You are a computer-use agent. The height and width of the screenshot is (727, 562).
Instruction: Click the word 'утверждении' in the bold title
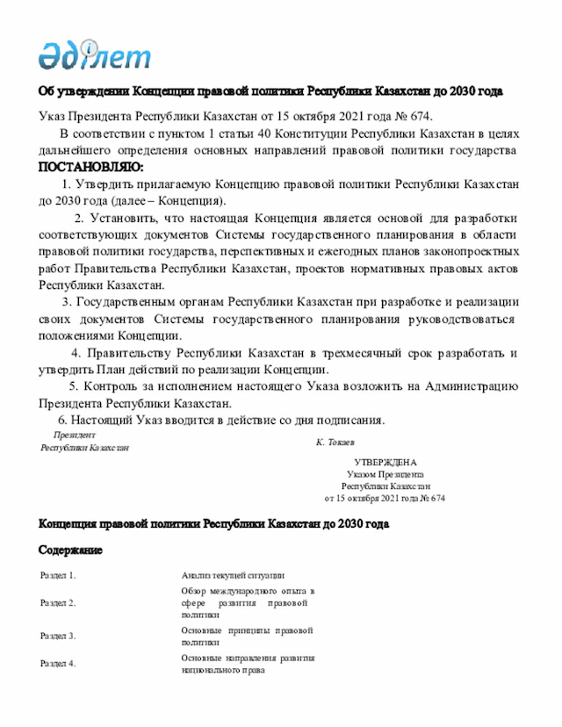(x=92, y=91)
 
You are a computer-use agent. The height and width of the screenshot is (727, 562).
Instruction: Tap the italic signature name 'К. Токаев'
(x=342, y=442)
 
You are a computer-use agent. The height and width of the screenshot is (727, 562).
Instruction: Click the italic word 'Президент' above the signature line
(x=75, y=435)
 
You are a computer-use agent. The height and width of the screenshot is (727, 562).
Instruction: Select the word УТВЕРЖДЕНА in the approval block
(x=385, y=462)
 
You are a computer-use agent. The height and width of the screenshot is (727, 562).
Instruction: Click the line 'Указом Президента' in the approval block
(x=385, y=474)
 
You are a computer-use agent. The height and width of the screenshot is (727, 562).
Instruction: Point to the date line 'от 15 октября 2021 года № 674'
(x=385, y=498)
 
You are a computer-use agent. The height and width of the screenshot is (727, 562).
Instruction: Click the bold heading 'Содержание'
(x=70, y=551)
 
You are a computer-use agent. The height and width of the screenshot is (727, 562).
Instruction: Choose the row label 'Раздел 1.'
(x=59, y=575)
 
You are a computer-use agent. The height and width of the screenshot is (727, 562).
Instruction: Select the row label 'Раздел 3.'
(x=59, y=636)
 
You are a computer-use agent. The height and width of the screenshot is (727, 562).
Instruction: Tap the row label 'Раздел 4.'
(x=59, y=664)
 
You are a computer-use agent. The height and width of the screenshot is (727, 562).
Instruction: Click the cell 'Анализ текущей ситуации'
(x=233, y=575)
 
